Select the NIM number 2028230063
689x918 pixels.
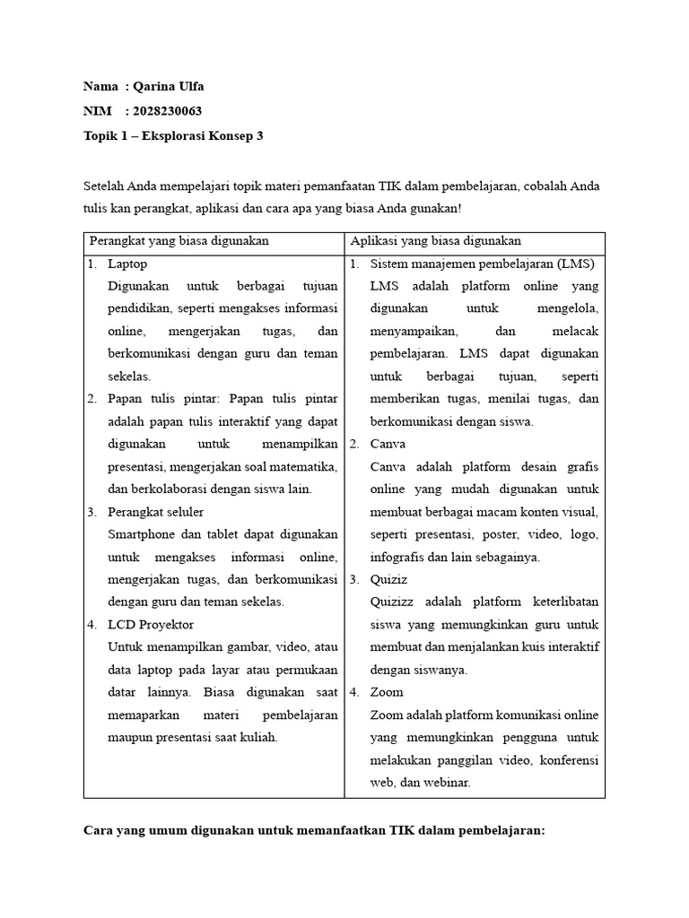pyautogui.click(x=167, y=111)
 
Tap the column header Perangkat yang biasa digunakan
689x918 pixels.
pyautogui.click(x=179, y=241)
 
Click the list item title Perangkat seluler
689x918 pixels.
pyautogui.click(x=155, y=512)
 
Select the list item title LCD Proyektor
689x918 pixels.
pyautogui.click(x=151, y=625)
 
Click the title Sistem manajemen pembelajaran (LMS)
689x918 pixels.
pyautogui.click(x=482, y=264)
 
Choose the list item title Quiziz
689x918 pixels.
pyautogui.click(x=388, y=579)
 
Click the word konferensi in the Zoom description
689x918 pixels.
pyautogui.click(x=567, y=759)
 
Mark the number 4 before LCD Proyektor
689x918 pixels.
pyautogui.click(x=92, y=625)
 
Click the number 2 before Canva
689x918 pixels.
pyautogui.click(x=353, y=444)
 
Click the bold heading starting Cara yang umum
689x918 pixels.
pyautogui.click(x=314, y=830)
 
